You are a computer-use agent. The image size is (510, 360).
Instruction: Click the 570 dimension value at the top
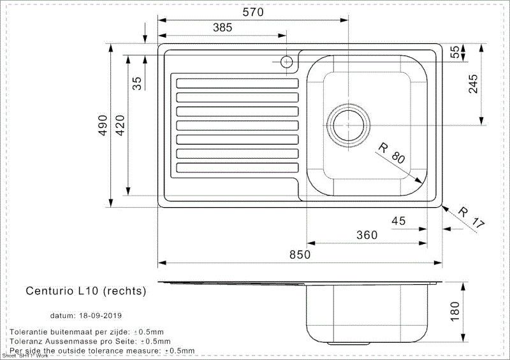click(x=253, y=12)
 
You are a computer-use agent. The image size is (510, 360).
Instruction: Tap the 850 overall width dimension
click(x=300, y=254)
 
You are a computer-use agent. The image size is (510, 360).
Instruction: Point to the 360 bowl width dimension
click(x=367, y=235)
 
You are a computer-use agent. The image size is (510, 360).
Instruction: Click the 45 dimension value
click(x=398, y=221)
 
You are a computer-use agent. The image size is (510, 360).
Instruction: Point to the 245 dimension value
click(x=473, y=83)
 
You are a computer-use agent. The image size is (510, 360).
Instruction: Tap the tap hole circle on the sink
click(x=286, y=62)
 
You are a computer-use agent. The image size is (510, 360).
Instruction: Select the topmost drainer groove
click(x=237, y=83)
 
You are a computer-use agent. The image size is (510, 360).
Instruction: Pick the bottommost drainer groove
click(x=237, y=168)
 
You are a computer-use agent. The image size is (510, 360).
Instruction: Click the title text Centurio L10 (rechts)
click(x=86, y=291)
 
